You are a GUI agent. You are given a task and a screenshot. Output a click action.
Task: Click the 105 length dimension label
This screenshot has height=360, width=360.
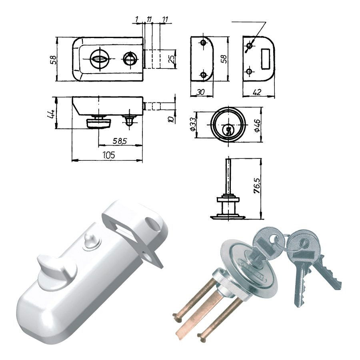coord(109,155)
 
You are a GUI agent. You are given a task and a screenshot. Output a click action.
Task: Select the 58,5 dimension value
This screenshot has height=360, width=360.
coord(120,141)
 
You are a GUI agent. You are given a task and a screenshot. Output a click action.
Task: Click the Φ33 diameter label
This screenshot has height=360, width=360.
coord(193,124)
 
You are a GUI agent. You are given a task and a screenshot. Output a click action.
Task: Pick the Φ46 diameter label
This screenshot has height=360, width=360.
coord(257,125)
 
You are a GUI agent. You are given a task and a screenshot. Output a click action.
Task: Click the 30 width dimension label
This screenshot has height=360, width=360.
coord(201,92)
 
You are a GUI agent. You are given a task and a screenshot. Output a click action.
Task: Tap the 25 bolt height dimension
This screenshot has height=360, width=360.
coord(172,59)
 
